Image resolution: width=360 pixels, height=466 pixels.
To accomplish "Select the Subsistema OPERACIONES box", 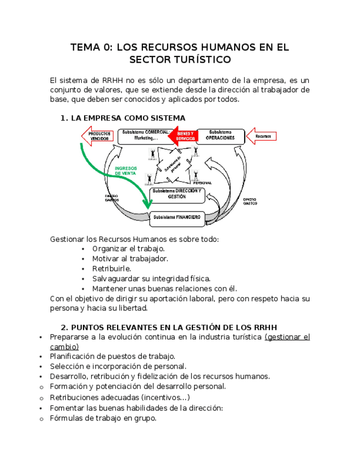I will [220, 136].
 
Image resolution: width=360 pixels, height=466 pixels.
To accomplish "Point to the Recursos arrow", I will [263, 136].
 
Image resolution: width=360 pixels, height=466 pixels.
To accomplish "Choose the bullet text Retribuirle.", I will [112, 269].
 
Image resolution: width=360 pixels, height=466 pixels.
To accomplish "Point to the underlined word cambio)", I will [64, 347].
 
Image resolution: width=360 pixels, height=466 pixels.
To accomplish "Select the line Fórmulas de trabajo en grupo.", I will [103, 418].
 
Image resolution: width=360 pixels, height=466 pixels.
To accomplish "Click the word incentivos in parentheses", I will [163, 397].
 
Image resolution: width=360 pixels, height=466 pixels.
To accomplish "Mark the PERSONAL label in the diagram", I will [206, 182].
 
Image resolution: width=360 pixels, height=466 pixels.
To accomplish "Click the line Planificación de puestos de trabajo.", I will [113, 357].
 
